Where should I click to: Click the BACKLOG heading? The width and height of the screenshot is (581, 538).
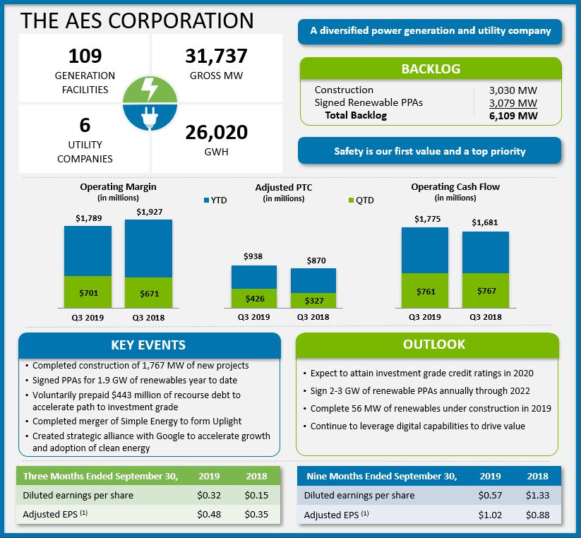point(431,69)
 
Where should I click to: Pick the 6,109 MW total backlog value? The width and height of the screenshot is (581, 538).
point(513,116)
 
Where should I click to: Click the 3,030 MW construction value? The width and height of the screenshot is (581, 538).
point(513,90)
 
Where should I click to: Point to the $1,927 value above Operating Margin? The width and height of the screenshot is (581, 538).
point(148,212)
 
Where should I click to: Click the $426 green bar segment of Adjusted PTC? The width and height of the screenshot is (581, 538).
point(254,298)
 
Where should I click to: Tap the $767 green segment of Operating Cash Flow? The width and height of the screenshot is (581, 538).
point(486,290)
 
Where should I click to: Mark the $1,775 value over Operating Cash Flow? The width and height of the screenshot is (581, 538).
point(425,219)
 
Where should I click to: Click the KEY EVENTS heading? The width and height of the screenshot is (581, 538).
point(148,345)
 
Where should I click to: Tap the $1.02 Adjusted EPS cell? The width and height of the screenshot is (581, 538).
point(490,515)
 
